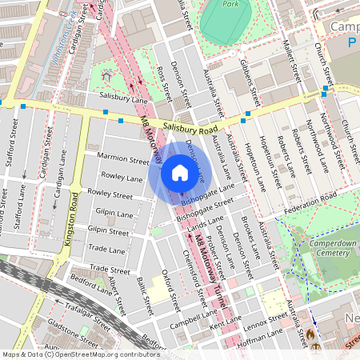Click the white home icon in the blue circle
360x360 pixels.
tap(180, 173)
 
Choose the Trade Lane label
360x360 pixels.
tap(107, 250)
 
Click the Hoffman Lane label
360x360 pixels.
tap(263, 335)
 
